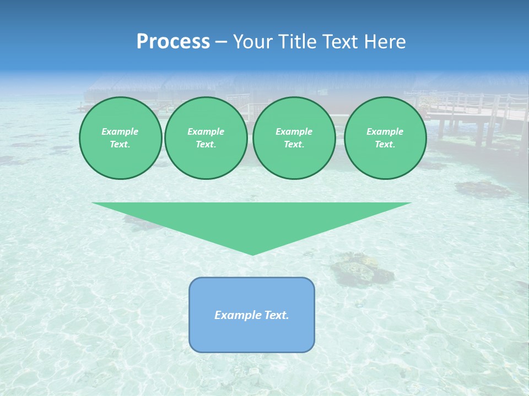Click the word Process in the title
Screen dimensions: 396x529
pos(173,42)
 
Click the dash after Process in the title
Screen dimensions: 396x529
pos(221,42)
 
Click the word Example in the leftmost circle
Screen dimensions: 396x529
pos(120,131)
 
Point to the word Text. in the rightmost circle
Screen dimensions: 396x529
pos(385,144)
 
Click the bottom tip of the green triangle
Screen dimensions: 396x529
pos(252,254)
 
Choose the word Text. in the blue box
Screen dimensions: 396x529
pos(277,315)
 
